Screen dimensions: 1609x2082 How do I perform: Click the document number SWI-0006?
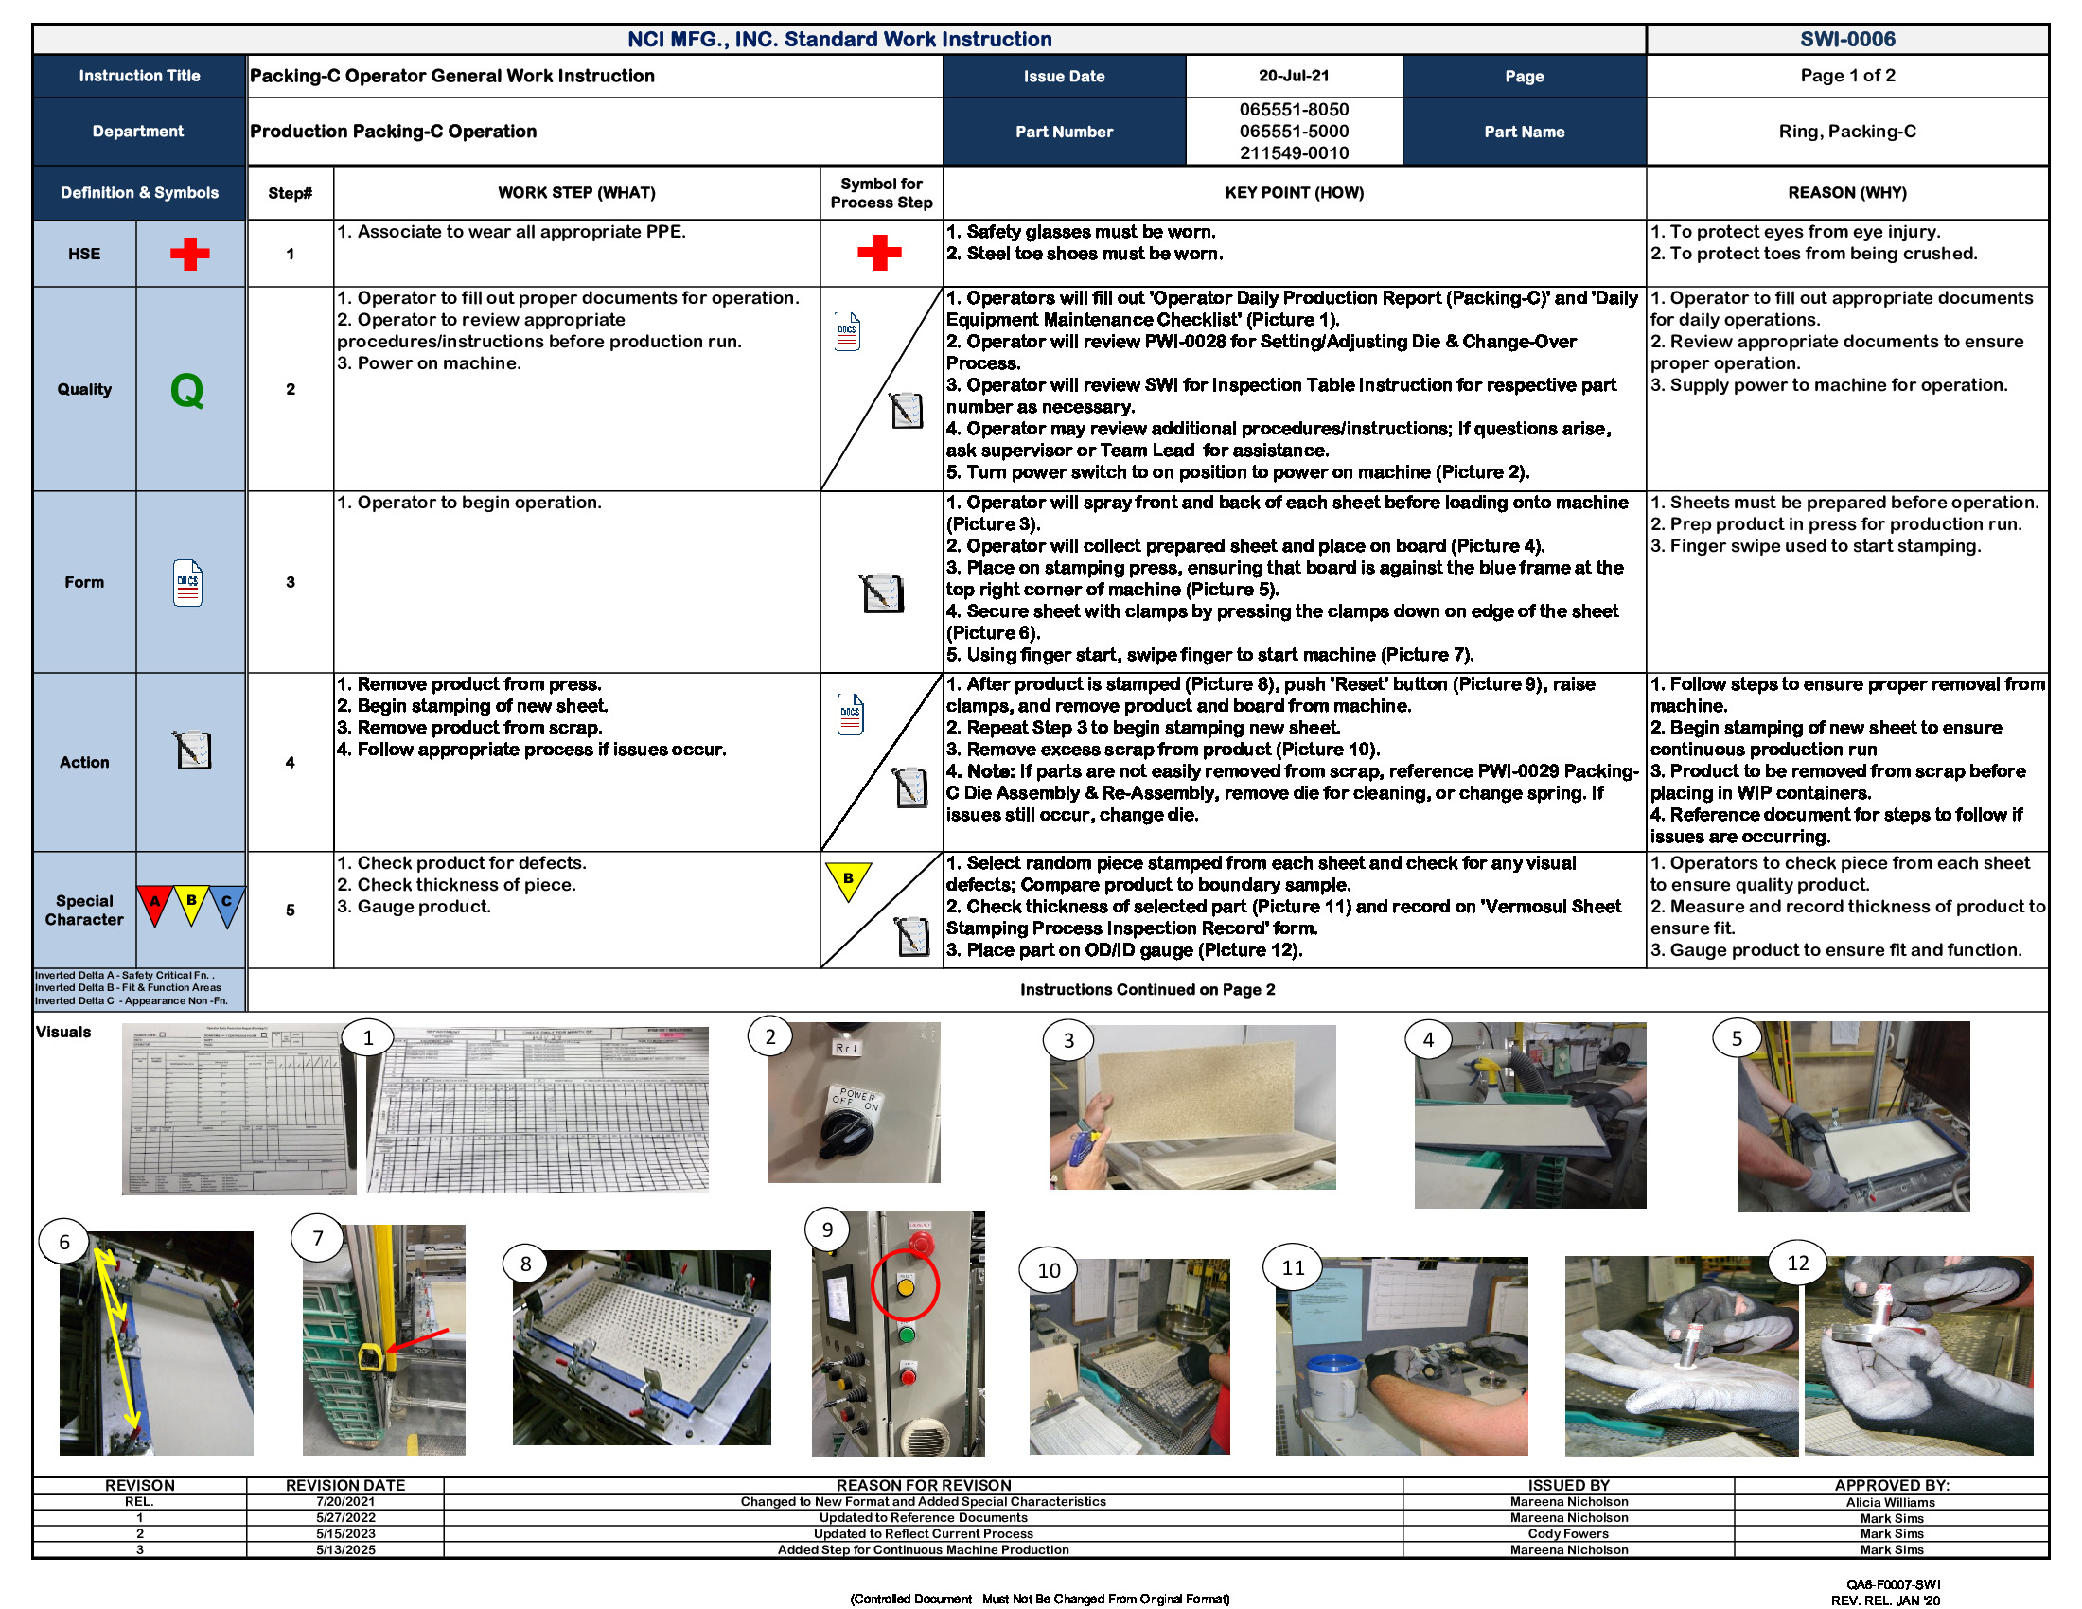click(1846, 39)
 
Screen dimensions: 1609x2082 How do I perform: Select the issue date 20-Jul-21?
click(1294, 76)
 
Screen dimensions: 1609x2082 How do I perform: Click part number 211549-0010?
click(1294, 152)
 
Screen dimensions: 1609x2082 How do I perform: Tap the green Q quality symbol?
click(186, 390)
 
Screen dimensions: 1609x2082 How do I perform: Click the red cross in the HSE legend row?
click(189, 254)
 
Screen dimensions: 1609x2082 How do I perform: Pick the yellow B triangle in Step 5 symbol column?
click(848, 880)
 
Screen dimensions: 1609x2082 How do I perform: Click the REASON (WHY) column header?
click(1846, 192)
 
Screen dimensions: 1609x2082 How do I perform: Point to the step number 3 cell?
click(290, 581)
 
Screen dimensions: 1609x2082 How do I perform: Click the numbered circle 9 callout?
click(827, 1229)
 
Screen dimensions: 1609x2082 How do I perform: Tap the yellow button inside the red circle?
click(906, 1287)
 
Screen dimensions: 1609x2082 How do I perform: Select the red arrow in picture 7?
click(417, 1339)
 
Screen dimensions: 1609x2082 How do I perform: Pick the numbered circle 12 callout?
click(1797, 1263)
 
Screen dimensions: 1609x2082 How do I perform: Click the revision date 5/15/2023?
click(345, 1533)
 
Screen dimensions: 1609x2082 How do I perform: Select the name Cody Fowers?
click(1568, 1533)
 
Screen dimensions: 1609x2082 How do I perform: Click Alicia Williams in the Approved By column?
click(1891, 1502)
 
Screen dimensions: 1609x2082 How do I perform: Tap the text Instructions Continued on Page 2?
click(1147, 989)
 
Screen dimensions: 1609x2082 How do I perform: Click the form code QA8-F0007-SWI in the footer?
click(1893, 1584)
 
